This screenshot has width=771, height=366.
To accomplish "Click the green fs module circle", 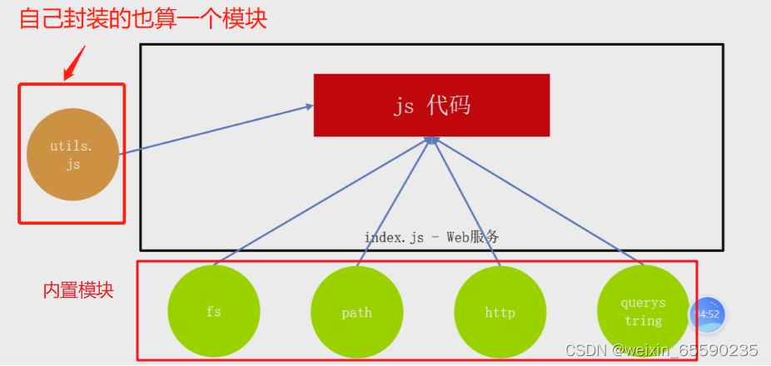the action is pyautogui.click(x=213, y=311).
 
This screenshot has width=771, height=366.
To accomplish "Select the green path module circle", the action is pyautogui.click(x=356, y=312).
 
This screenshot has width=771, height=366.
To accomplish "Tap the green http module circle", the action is pyautogui.click(x=500, y=312).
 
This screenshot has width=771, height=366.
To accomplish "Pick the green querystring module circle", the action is pyautogui.click(x=642, y=312).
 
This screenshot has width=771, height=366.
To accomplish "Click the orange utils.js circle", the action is pyautogui.click(x=72, y=156).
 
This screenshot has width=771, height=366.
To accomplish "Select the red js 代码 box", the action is pyautogui.click(x=431, y=105).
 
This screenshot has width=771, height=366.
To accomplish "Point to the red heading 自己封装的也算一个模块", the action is pyautogui.click(x=143, y=19).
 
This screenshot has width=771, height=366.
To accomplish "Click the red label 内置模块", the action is pyautogui.click(x=78, y=290).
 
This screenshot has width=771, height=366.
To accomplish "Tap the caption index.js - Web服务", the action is pyautogui.click(x=431, y=237).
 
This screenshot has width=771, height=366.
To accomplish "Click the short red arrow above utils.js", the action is pyautogui.click(x=74, y=63).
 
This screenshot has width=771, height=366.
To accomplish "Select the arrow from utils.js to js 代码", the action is pyautogui.click(x=216, y=130).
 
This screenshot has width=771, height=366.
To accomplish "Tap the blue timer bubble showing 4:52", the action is pyautogui.click(x=707, y=314).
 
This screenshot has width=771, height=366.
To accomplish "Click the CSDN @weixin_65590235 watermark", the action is pyautogui.click(x=662, y=350).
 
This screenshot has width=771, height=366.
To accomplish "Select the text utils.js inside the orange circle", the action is pyautogui.click(x=72, y=156).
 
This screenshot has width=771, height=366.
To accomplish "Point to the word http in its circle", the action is pyautogui.click(x=500, y=313).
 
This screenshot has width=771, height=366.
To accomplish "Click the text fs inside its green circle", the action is pyautogui.click(x=213, y=313).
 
